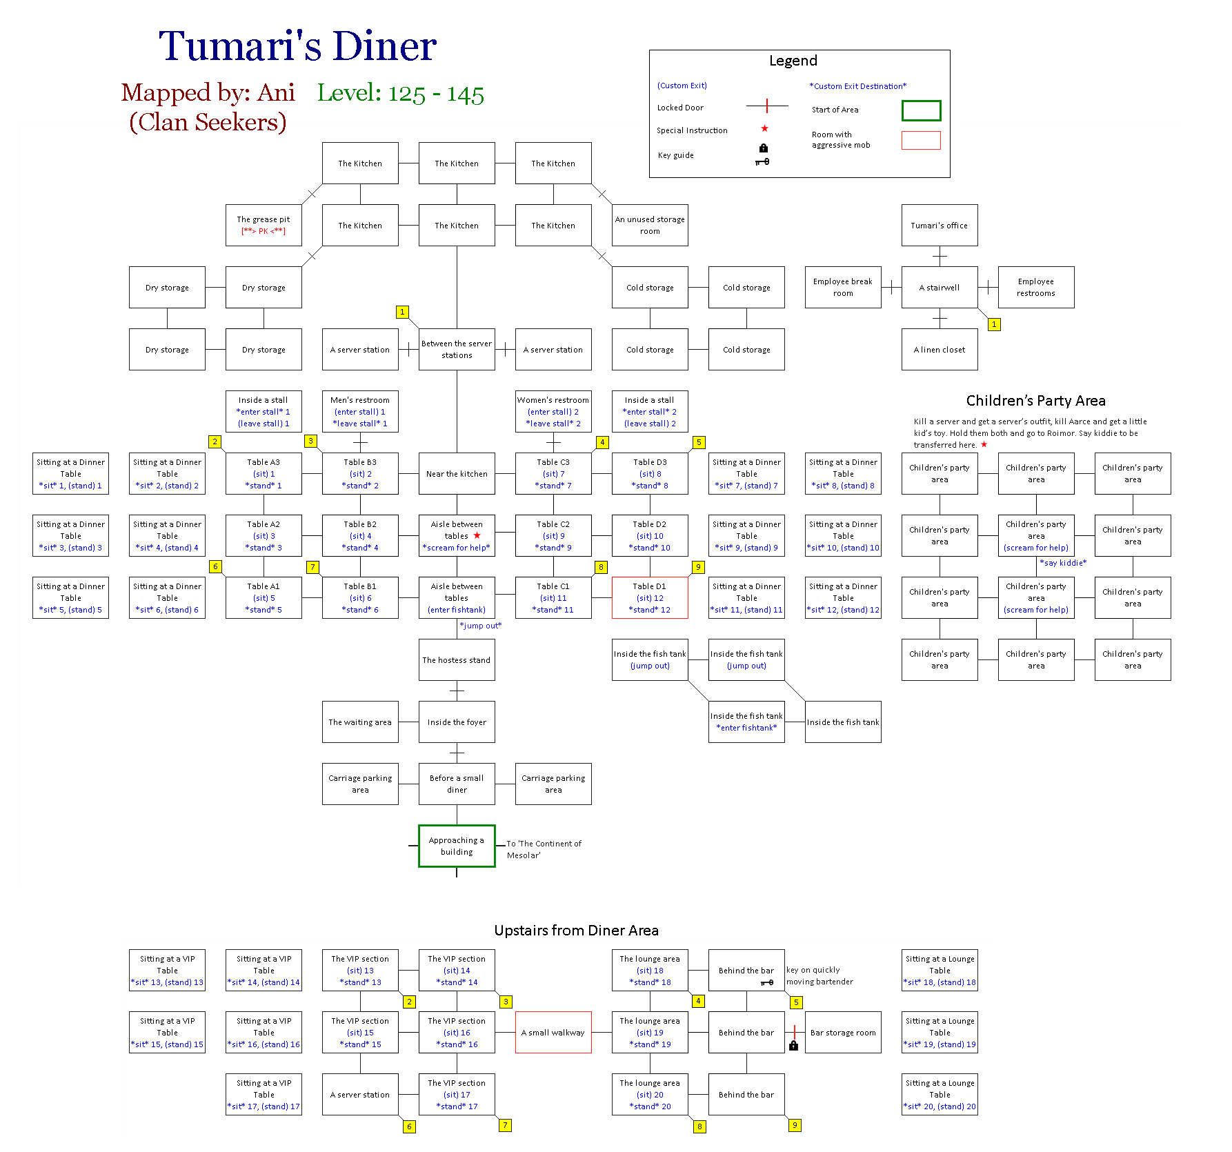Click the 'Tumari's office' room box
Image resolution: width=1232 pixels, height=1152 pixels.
coord(939,225)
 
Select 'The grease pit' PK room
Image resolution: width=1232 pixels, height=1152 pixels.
coord(264,225)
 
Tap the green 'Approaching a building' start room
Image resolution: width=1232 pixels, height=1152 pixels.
coord(457,846)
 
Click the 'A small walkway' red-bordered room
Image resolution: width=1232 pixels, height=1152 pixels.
coord(553,1032)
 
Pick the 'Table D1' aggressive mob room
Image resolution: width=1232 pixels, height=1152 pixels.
coord(650,597)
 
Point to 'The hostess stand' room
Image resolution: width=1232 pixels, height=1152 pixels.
coord(457,659)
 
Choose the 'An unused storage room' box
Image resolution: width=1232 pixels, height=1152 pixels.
coord(650,225)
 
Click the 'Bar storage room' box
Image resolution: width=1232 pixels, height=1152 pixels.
coord(843,1032)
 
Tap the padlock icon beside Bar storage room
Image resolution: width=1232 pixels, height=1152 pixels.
coord(793,1046)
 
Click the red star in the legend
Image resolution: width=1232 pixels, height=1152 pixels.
coord(764,128)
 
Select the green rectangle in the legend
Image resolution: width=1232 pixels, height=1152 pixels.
coord(921,110)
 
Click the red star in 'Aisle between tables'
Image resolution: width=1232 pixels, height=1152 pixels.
coord(477,535)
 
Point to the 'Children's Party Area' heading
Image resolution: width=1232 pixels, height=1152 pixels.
coord(1035,401)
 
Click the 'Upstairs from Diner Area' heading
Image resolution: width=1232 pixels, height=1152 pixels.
coord(576,931)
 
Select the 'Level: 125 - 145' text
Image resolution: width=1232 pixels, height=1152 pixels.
coord(400,93)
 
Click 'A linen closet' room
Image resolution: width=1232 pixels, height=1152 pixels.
coord(939,349)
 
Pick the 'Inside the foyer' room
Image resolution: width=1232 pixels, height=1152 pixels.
coord(457,722)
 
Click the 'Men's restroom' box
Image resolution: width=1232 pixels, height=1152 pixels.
coord(360,411)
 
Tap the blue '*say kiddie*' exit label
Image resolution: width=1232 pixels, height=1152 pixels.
coord(1063,563)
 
